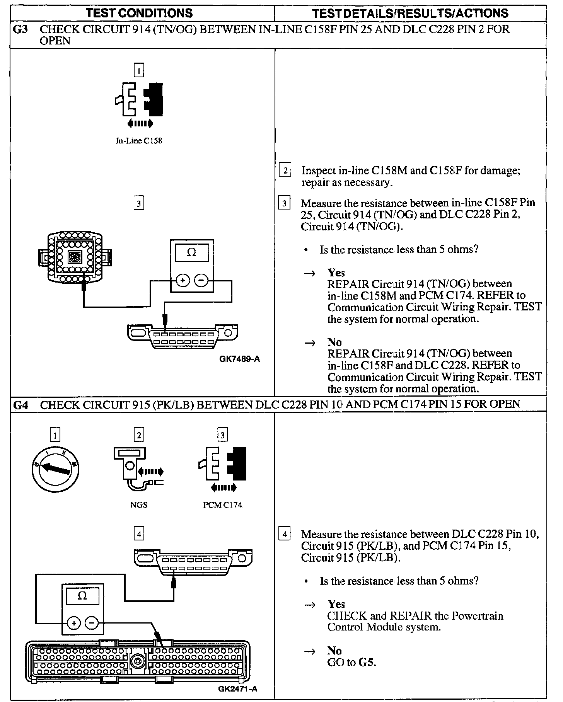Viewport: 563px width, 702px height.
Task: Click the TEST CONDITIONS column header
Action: (x=139, y=13)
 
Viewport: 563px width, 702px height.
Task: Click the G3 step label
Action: (x=20, y=29)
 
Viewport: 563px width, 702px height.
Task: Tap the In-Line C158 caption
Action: (x=139, y=141)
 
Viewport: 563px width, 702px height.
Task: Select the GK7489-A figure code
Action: (x=240, y=359)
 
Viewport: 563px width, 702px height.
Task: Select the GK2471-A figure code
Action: (x=237, y=688)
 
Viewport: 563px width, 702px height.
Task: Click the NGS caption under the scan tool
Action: (x=138, y=505)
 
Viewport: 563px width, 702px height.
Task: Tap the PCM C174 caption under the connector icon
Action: (x=223, y=505)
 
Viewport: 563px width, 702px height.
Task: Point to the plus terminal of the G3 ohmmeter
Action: (x=183, y=280)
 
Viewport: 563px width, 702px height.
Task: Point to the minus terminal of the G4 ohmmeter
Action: (x=92, y=623)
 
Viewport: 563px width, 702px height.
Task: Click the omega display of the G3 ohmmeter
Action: (x=191, y=253)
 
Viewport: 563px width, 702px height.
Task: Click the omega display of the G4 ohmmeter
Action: (x=82, y=596)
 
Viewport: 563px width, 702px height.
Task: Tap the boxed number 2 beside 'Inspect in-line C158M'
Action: (x=285, y=170)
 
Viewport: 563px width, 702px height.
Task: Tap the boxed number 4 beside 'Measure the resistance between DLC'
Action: (x=285, y=535)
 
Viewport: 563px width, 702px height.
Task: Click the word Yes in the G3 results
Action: (x=336, y=273)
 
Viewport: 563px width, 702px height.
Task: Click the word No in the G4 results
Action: (x=334, y=651)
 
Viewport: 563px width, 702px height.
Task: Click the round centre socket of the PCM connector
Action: (x=137, y=661)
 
